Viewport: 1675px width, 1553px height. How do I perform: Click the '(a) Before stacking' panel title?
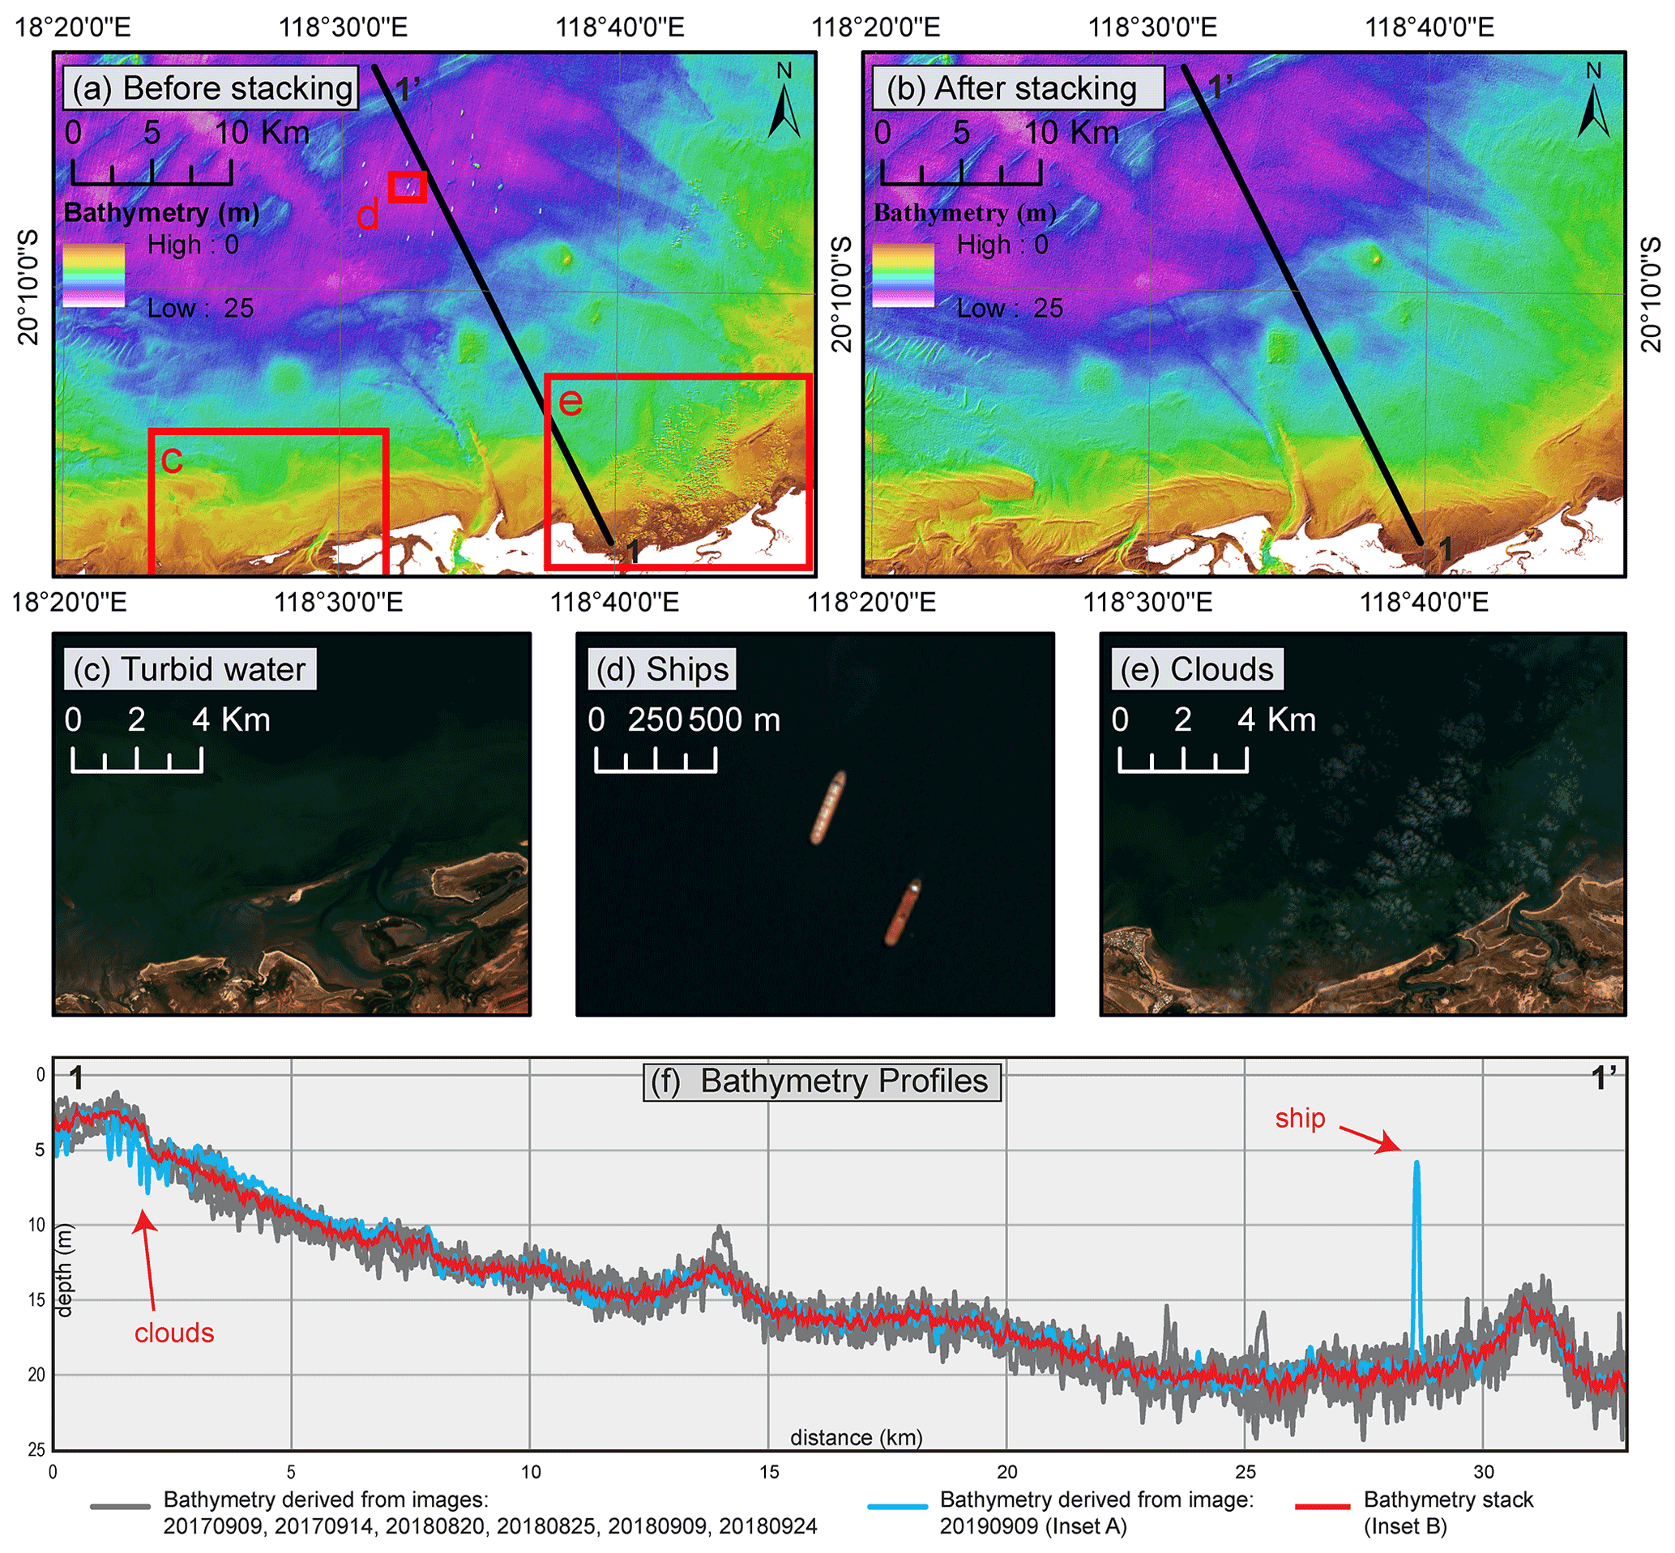(212, 89)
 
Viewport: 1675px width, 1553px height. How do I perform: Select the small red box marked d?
(408, 186)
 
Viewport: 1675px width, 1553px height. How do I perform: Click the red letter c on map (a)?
(172, 459)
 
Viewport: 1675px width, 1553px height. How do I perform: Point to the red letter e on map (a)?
(570, 402)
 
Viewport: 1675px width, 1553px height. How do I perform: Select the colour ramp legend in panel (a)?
(94, 275)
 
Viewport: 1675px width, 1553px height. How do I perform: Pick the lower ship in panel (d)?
(903, 913)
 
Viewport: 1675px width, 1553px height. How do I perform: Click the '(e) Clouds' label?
(1197, 670)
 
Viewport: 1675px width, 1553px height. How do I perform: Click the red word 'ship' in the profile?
(1299, 1119)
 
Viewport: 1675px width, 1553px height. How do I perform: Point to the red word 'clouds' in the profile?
(174, 1333)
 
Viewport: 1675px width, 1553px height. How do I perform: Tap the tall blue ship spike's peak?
(1416, 1164)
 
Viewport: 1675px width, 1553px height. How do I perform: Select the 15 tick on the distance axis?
(769, 1472)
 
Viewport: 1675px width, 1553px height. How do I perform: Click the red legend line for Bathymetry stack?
(1322, 1507)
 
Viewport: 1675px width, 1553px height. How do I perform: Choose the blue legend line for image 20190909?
(898, 1507)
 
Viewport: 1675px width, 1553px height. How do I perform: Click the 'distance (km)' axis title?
(856, 1438)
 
